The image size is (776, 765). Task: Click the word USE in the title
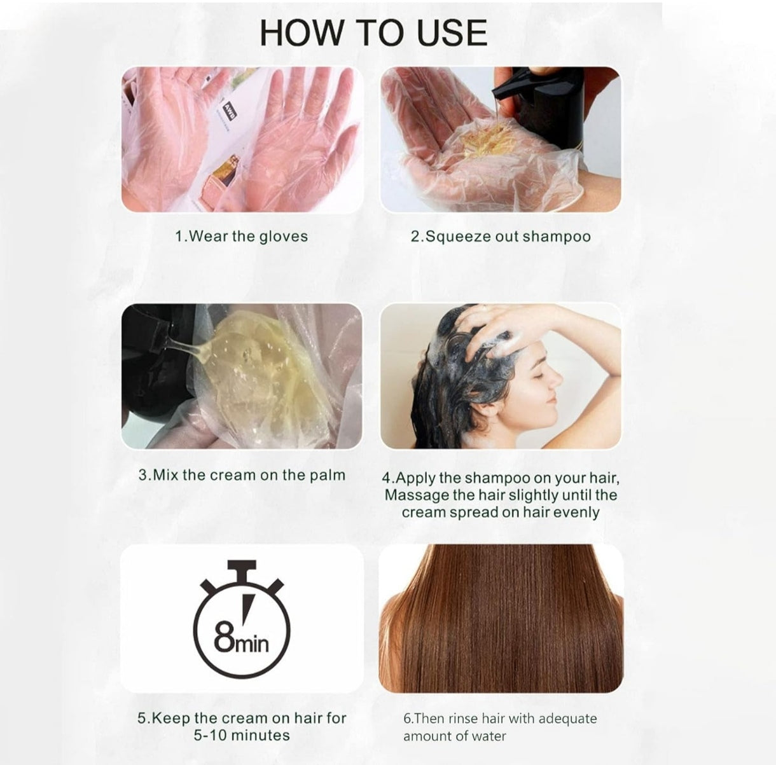(x=452, y=33)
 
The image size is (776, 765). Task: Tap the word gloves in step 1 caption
(x=283, y=237)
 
